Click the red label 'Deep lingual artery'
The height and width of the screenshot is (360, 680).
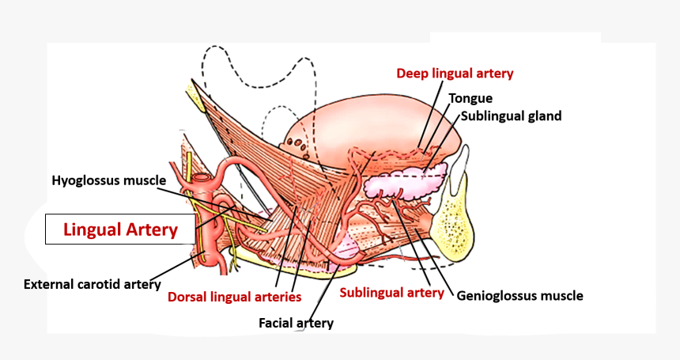(x=455, y=74)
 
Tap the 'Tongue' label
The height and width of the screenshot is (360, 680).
(x=470, y=99)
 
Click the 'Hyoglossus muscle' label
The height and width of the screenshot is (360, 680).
(x=108, y=180)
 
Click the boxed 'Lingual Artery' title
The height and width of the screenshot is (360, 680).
(x=119, y=230)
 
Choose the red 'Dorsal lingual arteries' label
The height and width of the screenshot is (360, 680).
(x=234, y=297)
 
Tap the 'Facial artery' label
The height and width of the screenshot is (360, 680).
(x=296, y=323)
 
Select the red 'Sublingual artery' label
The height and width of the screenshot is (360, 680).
(x=391, y=293)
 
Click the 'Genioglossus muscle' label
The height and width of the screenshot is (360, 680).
(x=519, y=297)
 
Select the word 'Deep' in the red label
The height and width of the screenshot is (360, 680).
(x=412, y=74)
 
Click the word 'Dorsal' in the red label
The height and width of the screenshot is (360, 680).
(x=187, y=297)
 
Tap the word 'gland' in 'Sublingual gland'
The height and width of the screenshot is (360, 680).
(x=544, y=116)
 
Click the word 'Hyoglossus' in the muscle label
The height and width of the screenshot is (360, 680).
(x=85, y=180)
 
